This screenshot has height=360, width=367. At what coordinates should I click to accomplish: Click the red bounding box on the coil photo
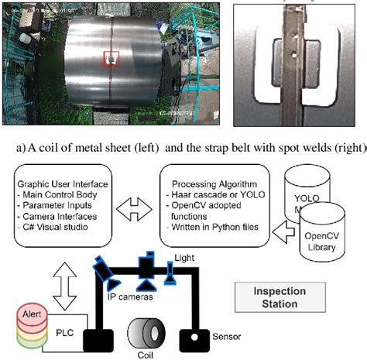112,59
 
